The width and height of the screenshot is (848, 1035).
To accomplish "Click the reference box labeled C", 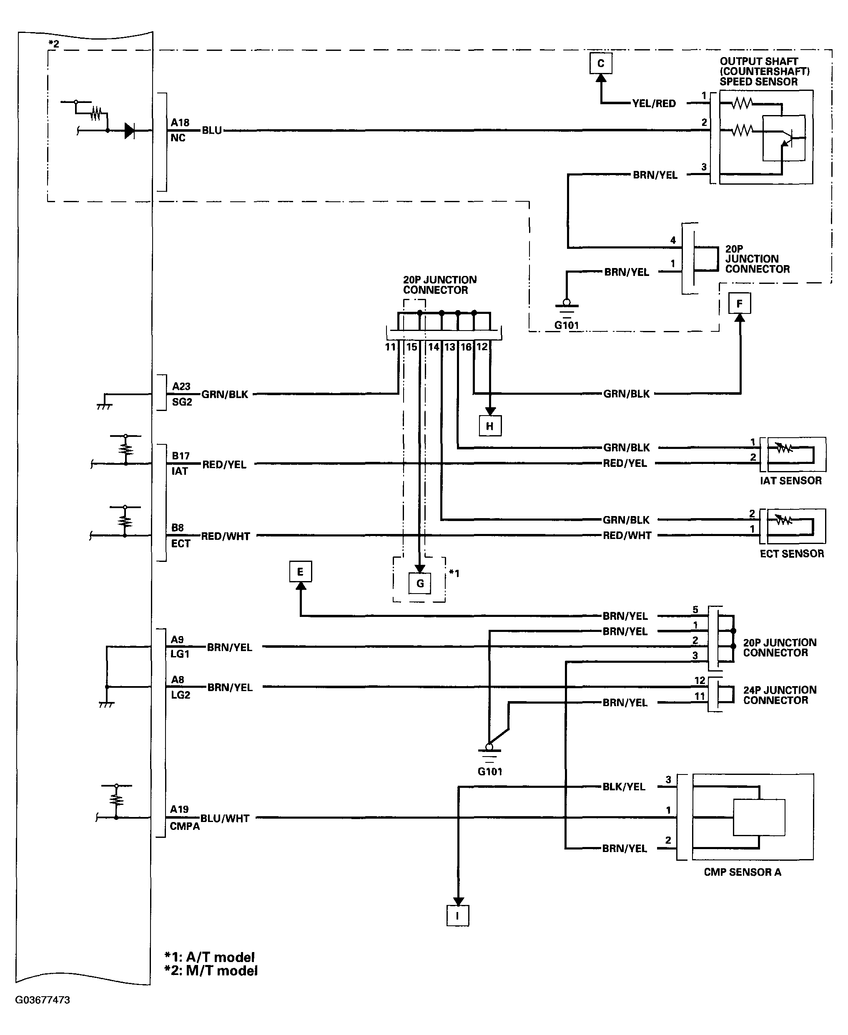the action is tap(601, 63).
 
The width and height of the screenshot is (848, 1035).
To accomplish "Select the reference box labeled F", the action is tap(740, 303).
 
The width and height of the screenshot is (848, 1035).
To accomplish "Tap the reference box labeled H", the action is tap(490, 426).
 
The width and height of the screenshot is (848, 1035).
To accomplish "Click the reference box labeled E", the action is tap(301, 571).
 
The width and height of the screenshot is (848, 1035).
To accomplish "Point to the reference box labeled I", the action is tap(458, 915).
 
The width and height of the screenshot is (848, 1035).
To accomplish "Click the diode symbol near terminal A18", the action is tap(129, 130).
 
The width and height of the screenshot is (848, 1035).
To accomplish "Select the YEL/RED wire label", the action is tap(654, 103).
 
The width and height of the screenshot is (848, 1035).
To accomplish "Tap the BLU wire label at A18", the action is tap(212, 130).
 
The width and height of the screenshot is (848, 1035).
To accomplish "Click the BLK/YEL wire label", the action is tap(624, 787).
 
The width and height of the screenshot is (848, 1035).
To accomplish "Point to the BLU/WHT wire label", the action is tap(225, 818).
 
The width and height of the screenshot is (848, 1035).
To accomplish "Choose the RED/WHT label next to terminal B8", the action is tap(226, 536).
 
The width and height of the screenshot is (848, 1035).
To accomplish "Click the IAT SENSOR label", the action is tap(791, 481).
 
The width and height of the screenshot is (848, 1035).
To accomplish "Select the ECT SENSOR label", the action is tap(792, 554).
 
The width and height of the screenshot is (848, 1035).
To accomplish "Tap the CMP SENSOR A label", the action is tap(743, 872).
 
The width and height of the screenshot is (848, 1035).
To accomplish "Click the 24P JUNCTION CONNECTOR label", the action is tap(780, 695).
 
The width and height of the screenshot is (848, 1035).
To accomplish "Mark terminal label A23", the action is tap(181, 386).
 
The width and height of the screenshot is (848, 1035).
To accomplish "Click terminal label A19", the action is tap(179, 809).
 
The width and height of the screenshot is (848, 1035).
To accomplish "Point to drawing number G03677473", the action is tap(43, 1000).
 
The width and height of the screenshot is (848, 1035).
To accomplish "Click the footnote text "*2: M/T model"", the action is tap(211, 970).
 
